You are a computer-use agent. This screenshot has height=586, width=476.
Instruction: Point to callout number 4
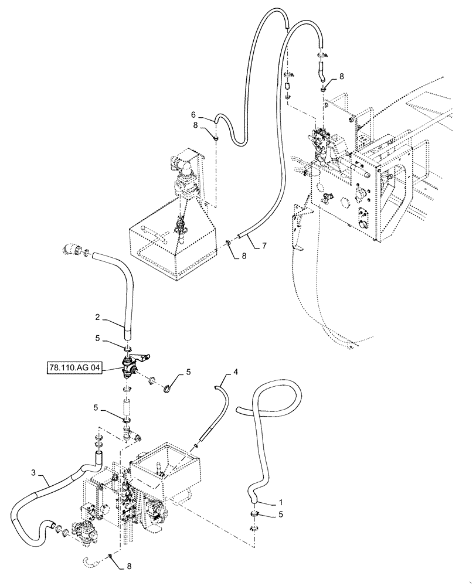(x=235, y=372)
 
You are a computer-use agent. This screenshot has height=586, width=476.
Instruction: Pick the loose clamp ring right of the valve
(x=168, y=387)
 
